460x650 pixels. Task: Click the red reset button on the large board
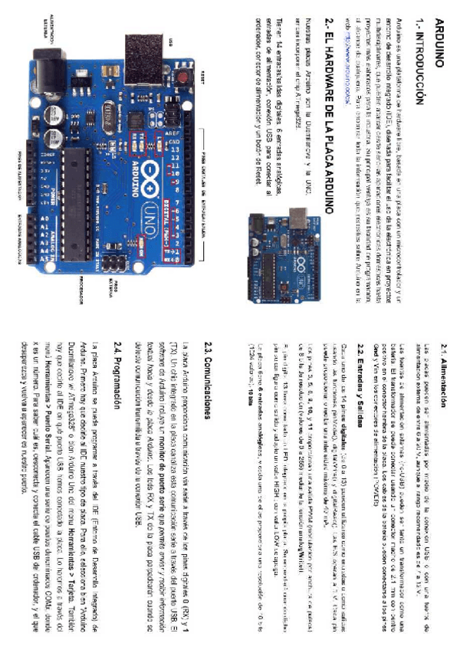tap(184, 78)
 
